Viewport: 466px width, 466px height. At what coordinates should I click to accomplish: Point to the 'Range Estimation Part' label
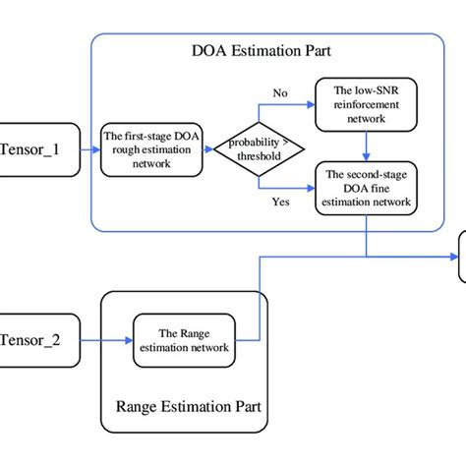pos(183,405)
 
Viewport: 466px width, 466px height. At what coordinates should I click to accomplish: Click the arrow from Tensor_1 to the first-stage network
pos(88,150)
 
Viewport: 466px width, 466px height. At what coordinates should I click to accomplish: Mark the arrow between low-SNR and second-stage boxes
pos(366,146)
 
